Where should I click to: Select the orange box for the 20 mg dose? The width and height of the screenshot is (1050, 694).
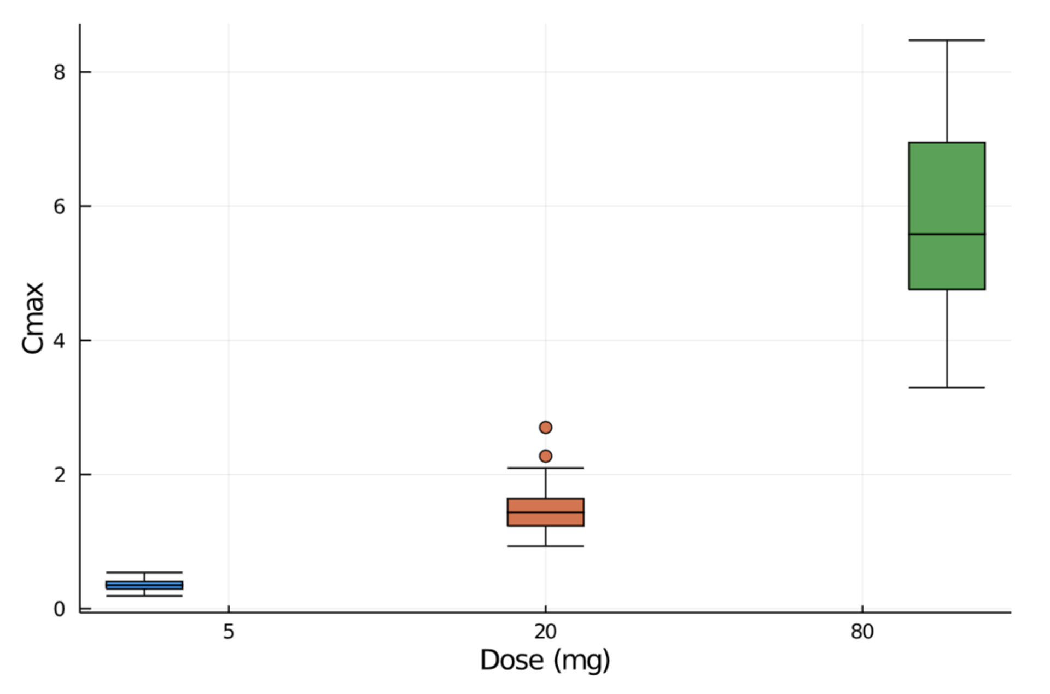click(x=545, y=520)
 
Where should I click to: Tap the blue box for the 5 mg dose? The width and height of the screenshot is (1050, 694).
click(x=144, y=585)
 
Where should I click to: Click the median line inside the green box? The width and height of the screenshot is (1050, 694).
click(x=947, y=234)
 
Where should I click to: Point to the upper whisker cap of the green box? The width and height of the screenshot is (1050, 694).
click(x=947, y=40)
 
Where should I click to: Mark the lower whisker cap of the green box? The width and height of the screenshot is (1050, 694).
click(x=947, y=387)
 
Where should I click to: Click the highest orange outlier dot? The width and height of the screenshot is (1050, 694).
click(x=545, y=427)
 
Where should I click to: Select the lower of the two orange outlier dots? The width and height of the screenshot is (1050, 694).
click(x=545, y=456)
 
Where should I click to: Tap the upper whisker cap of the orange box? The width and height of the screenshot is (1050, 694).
click(x=545, y=468)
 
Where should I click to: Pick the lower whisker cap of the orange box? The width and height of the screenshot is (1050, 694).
click(x=545, y=546)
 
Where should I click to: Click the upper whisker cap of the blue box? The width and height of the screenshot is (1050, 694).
click(x=144, y=572)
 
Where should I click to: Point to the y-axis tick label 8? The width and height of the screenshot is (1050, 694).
click(x=59, y=72)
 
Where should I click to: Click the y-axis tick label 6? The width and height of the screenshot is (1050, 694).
click(x=59, y=206)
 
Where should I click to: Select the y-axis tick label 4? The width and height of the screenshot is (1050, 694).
click(x=59, y=341)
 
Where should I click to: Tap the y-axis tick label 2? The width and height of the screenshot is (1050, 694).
click(x=59, y=475)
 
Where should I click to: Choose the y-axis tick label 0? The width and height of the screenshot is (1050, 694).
click(x=59, y=609)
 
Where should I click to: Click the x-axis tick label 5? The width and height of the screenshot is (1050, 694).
click(x=228, y=632)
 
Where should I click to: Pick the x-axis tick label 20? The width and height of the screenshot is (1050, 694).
click(x=545, y=632)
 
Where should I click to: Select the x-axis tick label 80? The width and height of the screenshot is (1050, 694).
click(x=862, y=632)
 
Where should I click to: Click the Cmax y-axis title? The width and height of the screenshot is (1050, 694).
click(x=33, y=318)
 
